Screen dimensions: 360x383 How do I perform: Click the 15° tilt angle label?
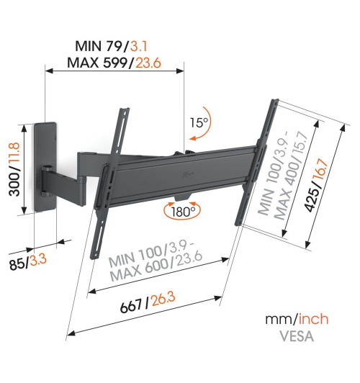[199, 122]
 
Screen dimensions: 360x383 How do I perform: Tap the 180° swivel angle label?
[183, 212]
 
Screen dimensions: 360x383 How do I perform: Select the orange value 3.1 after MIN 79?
[139, 46]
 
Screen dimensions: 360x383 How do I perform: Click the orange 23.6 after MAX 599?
[148, 63]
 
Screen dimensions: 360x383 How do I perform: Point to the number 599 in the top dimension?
[115, 63]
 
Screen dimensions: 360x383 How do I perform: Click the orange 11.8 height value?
[14, 153]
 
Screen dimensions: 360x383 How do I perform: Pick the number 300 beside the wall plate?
[14, 184]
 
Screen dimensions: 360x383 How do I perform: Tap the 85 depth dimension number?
[17, 264]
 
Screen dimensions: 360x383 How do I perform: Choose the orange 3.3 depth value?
[38, 260]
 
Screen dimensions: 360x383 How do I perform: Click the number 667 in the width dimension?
[131, 306]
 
